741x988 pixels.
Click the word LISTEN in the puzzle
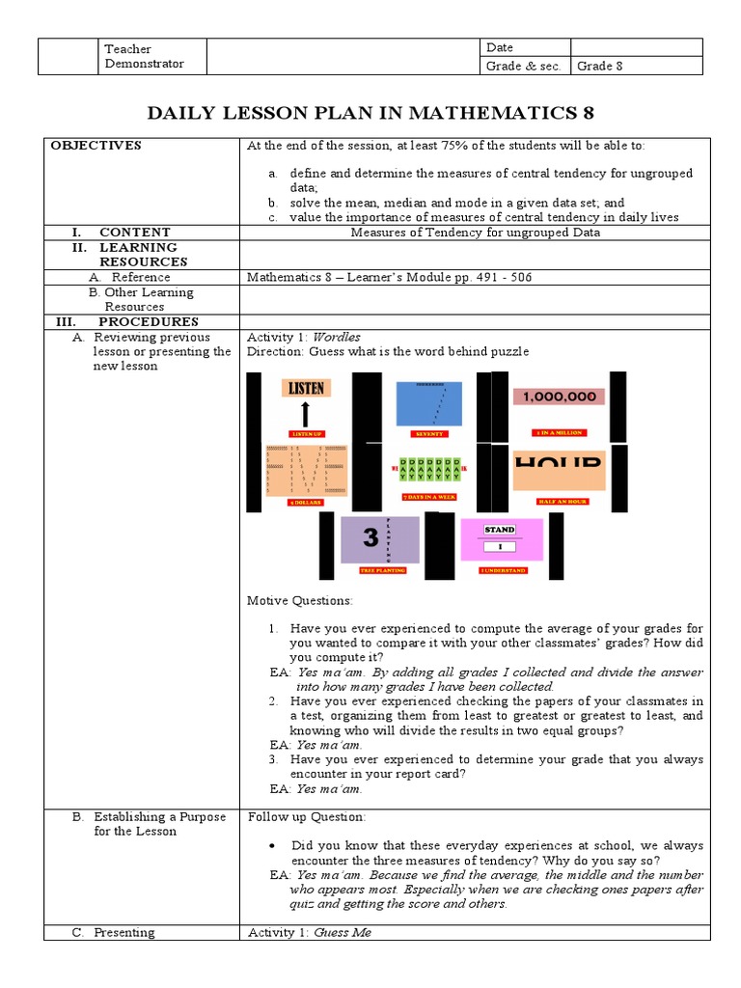click(306, 388)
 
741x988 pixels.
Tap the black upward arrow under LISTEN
click(306, 414)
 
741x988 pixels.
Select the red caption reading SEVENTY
click(429, 434)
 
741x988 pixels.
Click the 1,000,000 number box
click(560, 397)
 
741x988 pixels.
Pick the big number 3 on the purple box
click(370, 538)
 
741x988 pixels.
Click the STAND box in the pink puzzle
click(500, 530)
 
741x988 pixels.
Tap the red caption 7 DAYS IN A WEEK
click(429, 496)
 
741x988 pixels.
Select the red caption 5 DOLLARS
click(306, 502)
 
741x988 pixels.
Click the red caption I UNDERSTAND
click(503, 570)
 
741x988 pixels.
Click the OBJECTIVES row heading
click(96, 146)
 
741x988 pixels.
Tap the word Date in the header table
click(500, 47)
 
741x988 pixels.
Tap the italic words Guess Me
click(343, 933)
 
